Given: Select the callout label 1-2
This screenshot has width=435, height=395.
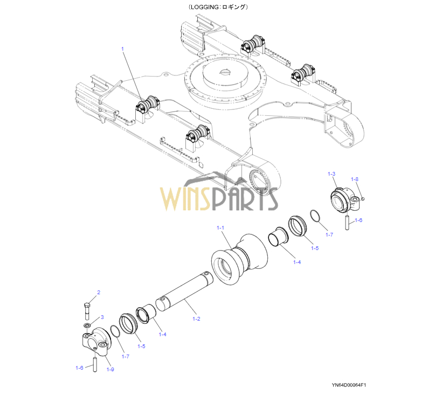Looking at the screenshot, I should tap(196, 319).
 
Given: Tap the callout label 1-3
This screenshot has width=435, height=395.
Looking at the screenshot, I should tap(332, 174).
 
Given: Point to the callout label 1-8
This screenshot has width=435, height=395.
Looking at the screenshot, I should tap(355, 179).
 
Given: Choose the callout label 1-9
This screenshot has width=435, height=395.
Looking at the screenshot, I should tap(110, 369).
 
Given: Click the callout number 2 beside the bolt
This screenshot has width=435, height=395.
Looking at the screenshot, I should tap(98, 293).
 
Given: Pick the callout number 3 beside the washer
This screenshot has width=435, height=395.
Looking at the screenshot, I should tap(102, 317).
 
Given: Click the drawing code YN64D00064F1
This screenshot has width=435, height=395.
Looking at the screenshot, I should tap(349, 385).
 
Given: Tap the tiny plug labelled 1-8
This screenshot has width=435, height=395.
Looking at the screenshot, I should tap(363, 199).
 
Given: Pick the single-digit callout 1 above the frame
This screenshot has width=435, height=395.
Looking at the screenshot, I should tap(122, 49).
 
